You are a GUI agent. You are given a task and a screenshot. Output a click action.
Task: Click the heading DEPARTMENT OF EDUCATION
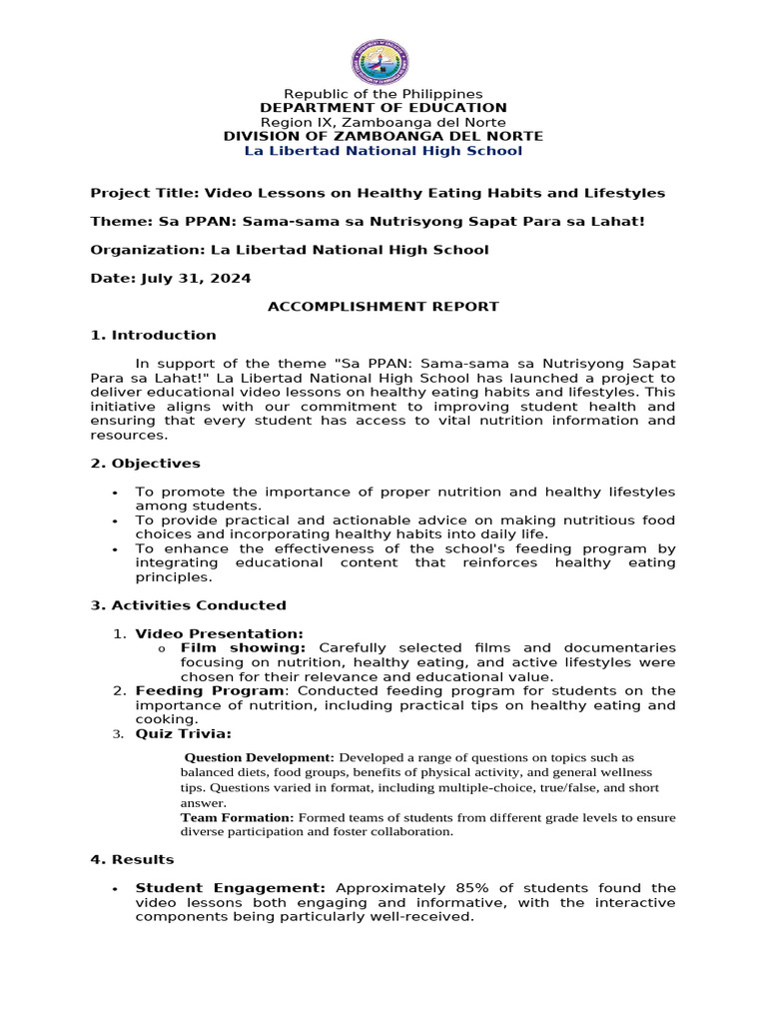point(383,108)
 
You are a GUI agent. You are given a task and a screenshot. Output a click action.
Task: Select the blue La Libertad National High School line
point(383,151)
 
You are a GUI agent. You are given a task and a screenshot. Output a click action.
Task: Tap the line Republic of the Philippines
point(383,94)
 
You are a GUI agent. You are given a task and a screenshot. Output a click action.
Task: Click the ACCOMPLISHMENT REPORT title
point(383,307)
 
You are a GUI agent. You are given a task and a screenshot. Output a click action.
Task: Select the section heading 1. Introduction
point(153,335)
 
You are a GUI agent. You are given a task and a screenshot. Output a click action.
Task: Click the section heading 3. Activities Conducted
point(188,605)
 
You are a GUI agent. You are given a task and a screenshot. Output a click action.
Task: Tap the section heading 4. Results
point(132,859)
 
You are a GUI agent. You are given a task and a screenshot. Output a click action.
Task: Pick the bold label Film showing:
point(244,648)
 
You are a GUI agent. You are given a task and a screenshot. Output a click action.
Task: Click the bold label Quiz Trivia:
point(183,734)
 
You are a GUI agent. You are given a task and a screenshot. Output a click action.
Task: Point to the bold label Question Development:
point(260,757)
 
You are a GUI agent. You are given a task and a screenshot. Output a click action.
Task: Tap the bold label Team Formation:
point(237,817)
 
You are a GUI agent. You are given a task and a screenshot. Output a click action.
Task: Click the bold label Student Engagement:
point(231,888)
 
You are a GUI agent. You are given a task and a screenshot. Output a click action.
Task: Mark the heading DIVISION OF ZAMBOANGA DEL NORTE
point(383,136)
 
